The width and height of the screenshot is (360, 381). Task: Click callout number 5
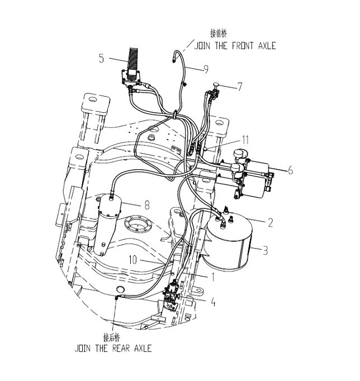coord(102,58)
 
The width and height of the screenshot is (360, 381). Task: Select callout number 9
coord(206,69)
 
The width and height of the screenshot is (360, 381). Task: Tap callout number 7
coord(240,87)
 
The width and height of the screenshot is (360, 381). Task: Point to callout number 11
coord(245,140)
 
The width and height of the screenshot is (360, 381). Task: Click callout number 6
coord(291,170)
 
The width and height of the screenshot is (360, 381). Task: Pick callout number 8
coord(147,205)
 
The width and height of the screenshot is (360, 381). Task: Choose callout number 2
coord(271,222)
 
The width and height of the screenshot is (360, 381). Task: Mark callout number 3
coord(265,250)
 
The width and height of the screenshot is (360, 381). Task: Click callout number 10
coord(133,260)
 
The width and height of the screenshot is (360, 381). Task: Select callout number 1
coord(213,277)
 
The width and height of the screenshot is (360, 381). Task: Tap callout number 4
coord(213,302)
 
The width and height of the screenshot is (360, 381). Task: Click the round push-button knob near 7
coord(215,84)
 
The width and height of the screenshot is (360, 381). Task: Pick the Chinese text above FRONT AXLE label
coord(219,34)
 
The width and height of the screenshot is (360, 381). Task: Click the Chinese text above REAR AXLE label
coord(112,337)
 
